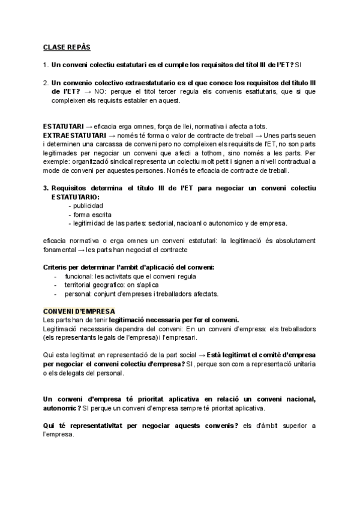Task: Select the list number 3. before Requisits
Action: pyautogui.click(x=46, y=188)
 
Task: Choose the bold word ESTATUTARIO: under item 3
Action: pyautogui.click(x=76, y=197)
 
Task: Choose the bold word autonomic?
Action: pyautogui.click(x=62, y=409)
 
